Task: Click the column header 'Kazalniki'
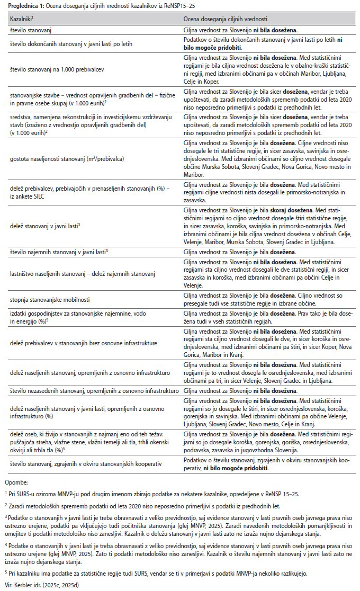tap(22, 19)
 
